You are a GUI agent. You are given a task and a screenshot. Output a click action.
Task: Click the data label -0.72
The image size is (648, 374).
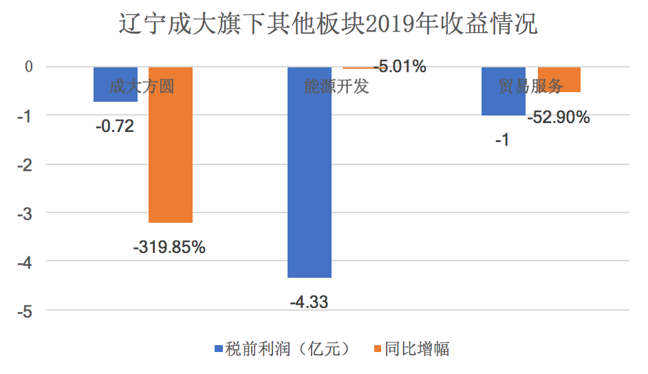click(114, 126)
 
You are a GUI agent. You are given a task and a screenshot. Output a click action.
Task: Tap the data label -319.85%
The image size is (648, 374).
click(169, 246)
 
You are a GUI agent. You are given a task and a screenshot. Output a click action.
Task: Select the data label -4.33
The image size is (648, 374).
click(309, 301)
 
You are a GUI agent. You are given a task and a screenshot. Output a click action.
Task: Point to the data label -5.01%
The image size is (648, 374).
click(400, 67)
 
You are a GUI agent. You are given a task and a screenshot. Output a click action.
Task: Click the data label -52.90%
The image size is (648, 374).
click(559, 118)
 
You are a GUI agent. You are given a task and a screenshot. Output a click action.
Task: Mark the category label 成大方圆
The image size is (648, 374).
click(142, 87)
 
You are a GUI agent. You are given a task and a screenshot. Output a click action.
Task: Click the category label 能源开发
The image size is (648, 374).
click(337, 87)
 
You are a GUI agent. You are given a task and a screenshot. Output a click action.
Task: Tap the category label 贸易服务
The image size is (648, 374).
click(531, 87)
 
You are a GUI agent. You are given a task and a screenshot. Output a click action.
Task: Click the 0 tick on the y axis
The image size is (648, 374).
click(28, 67)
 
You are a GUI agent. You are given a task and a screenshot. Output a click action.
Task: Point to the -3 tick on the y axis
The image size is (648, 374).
click(25, 213)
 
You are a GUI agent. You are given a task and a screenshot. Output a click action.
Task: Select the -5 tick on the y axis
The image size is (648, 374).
click(25, 311)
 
